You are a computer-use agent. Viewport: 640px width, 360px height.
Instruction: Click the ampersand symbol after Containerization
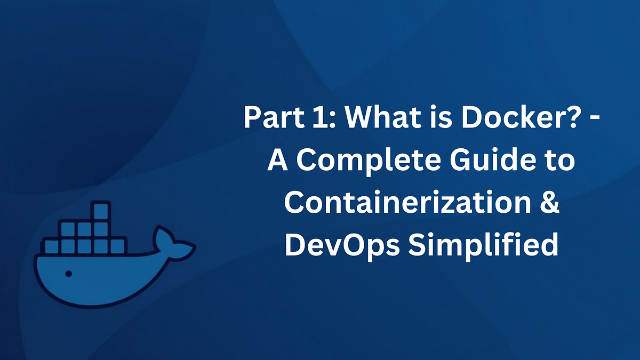pos(549,204)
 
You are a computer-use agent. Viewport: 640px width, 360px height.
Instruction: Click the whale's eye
pos(68,274)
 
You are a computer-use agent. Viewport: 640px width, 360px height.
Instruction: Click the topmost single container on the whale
pos(100,211)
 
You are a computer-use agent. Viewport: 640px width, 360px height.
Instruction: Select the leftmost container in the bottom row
pos(52,246)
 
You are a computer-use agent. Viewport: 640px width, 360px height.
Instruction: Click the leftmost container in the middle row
pos(68,229)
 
